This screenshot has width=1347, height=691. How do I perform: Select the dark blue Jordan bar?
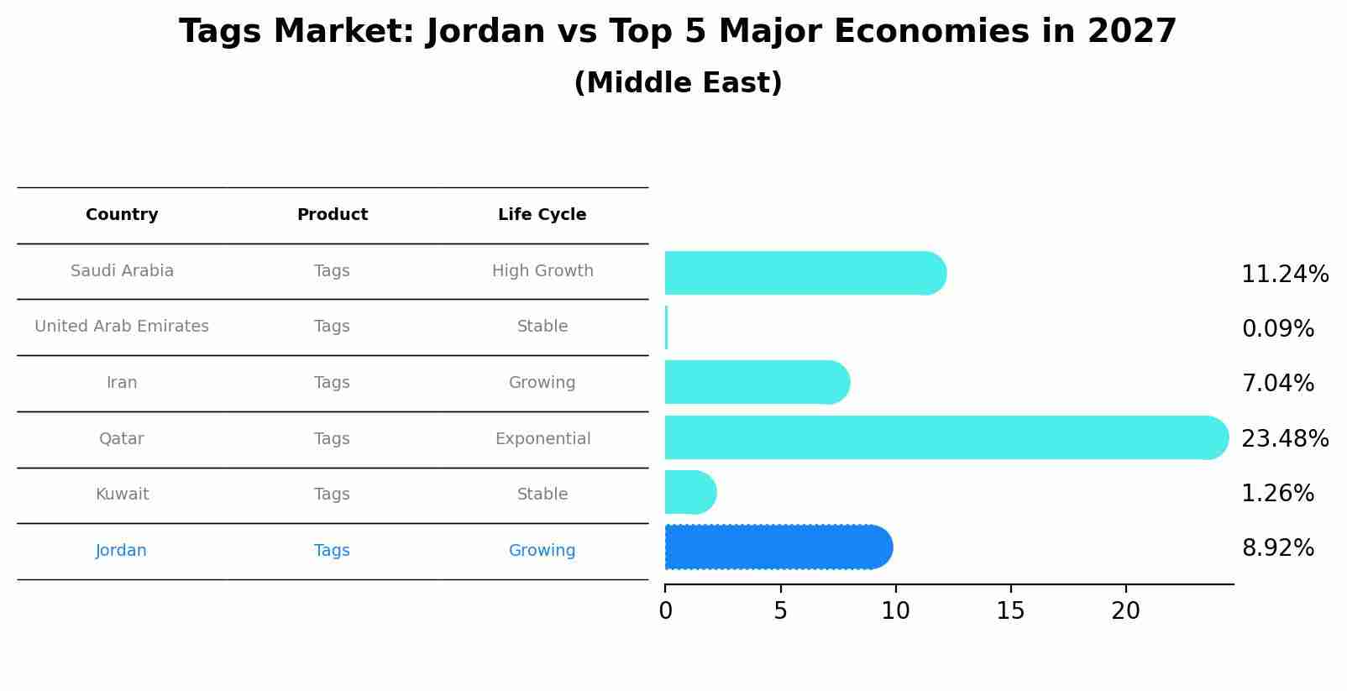[777, 547]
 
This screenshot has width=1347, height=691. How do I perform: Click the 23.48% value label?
[1284, 438]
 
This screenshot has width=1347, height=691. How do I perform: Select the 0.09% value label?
[1277, 329]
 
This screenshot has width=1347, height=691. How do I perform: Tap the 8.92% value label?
[1277, 548]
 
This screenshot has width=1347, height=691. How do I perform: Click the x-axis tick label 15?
[1010, 611]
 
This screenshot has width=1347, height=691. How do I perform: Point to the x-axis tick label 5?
[780, 611]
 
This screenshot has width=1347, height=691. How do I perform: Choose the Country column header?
[122, 215]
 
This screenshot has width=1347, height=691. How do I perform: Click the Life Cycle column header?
[542, 215]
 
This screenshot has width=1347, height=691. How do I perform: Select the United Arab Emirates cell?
[122, 327]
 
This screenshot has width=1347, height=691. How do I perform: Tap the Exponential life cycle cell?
[542, 439]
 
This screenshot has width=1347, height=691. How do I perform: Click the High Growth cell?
[542, 271]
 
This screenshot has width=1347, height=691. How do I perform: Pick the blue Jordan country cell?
[121, 551]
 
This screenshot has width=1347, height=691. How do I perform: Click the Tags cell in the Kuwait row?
[332, 495]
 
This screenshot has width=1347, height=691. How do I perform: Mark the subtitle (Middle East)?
[678, 83]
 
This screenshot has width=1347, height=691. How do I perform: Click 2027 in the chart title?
[1131, 32]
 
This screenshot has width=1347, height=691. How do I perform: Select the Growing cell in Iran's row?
[542, 383]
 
